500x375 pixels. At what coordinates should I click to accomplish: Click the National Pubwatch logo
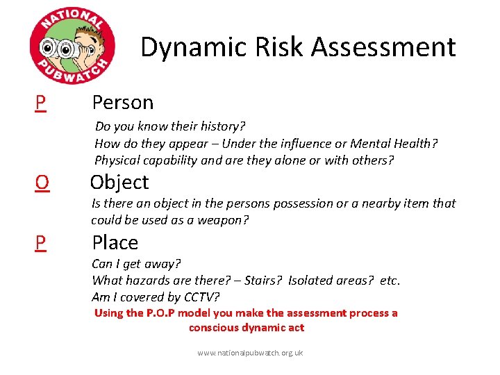pyautogui.click(x=72, y=47)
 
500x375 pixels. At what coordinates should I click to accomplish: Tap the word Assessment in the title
pyautogui.click(x=383, y=47)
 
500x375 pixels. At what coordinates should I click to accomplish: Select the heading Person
pyautogui.click(x=123, y=103)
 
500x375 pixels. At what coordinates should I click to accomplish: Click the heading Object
pyautogui.click(x=119, y=182)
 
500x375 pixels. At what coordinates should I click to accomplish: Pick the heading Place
pyautogui.click(x=115, y=242)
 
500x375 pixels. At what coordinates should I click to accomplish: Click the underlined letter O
pyautogui.click(x=42, y=182)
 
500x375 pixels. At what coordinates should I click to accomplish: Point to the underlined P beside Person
pyautogui.click(x=41, y=103)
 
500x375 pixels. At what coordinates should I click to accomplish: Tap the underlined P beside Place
pyautogui.click(x=41, y=242)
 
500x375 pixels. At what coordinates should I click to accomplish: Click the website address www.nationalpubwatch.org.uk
pyautogui.click(x=250, y=353)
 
